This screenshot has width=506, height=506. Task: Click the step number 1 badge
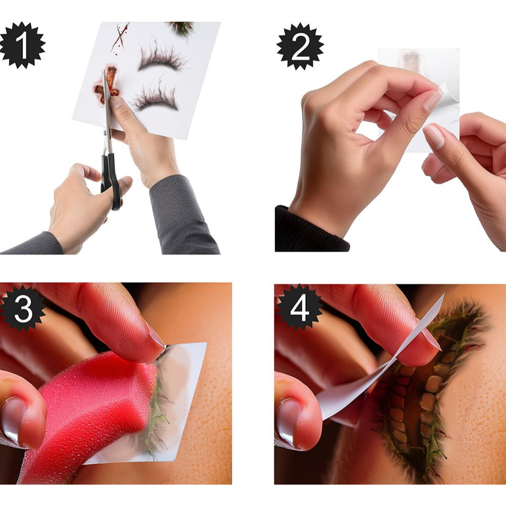coord(22,45)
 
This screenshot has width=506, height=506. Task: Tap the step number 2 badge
coord(300,46)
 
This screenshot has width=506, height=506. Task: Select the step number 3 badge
coord(22,308)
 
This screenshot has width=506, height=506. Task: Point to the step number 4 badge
coord(299,308)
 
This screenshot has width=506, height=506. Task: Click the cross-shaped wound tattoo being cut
coord(107,85)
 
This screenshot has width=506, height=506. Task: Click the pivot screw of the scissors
coord(105,133)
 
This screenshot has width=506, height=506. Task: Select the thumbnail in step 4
coord(289,421)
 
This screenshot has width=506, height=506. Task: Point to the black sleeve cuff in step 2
coord(310,230)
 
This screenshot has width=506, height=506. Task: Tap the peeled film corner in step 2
coord(446,95)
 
